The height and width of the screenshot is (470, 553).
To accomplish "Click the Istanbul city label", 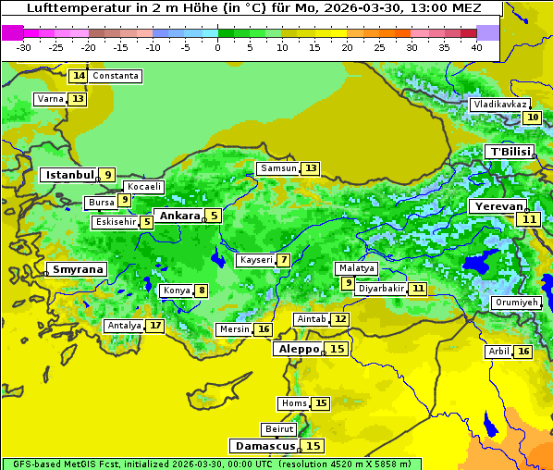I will coord(69,174).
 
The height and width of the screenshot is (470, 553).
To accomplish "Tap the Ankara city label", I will coord(179,216).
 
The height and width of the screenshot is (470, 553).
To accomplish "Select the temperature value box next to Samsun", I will coord(311,168).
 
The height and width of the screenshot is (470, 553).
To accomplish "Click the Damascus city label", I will coord(264,446).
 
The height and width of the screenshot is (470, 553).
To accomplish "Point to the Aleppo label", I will coord(298,349).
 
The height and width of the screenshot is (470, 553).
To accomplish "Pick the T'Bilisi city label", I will coord(510,152).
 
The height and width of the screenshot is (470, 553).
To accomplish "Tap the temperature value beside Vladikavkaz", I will coord(532,117).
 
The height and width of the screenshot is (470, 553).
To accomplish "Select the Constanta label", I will coord(116,76).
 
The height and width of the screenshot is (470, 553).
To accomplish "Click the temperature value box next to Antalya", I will coord(155,326).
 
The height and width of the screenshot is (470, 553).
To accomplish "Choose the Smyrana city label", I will coord(78,269).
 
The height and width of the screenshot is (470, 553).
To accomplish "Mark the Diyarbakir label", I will coord(381,289).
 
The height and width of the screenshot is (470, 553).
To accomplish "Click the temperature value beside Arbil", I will coord(523,352).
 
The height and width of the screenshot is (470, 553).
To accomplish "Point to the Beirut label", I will coord(279,429).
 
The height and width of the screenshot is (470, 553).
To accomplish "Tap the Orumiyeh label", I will coord(514,303).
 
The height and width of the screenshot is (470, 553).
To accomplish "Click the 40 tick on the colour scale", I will coord(475,46).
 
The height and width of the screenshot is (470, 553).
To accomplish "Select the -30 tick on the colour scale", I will coord(24,46).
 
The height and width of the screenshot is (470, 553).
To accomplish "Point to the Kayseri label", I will coord(256,260).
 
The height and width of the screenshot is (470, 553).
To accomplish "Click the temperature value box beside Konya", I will coord(201,291).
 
